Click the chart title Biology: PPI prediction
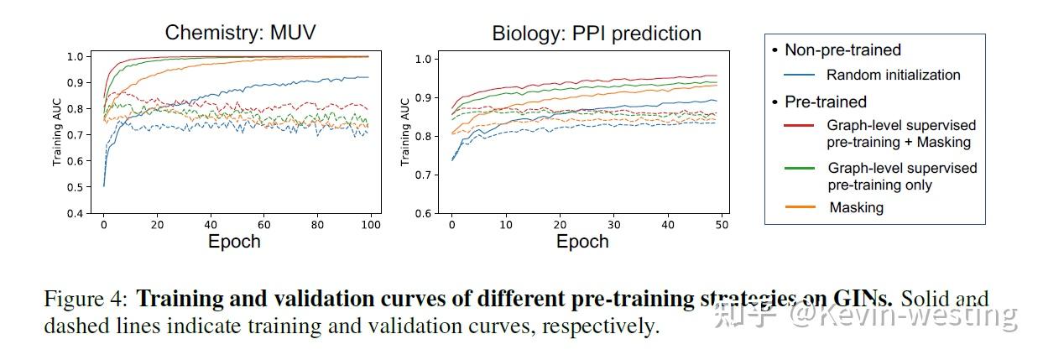596,34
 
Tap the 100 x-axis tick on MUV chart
371,225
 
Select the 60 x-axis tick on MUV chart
264,225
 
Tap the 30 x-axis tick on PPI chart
613,225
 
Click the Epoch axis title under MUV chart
233,242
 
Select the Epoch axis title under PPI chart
582,242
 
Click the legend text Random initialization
893,75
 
